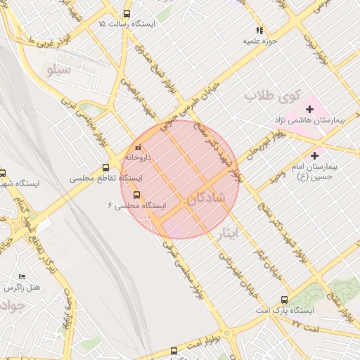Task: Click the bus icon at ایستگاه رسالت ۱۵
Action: [x=127, y=13]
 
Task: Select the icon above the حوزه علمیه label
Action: [x=259, y=30]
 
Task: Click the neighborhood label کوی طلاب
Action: [x=273, y=95]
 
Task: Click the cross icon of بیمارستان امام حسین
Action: [x=314, y=155]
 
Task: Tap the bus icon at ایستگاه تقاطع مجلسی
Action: [x=105, y=167]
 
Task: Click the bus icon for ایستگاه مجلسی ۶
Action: [x=136, y=195]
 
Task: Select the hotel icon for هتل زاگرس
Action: [x=22, y=277]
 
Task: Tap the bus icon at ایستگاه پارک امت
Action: [x=284, y=299]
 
